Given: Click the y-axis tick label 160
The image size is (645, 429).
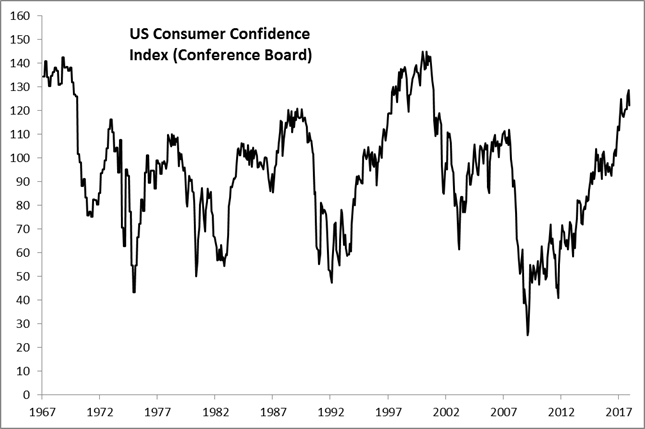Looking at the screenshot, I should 20,16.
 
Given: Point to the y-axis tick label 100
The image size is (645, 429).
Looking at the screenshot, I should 20,158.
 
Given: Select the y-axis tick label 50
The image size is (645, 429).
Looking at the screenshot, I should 23,276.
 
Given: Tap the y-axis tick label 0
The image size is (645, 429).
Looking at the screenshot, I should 26,394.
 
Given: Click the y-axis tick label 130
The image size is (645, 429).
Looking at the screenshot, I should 20,87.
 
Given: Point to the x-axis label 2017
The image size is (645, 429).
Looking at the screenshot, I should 617,411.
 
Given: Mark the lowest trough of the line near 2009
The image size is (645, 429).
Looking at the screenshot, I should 527,335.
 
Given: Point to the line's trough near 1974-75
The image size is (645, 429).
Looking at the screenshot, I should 134,292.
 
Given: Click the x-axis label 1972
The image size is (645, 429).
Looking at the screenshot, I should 98,411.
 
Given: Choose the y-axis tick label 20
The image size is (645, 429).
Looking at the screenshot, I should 23,347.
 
